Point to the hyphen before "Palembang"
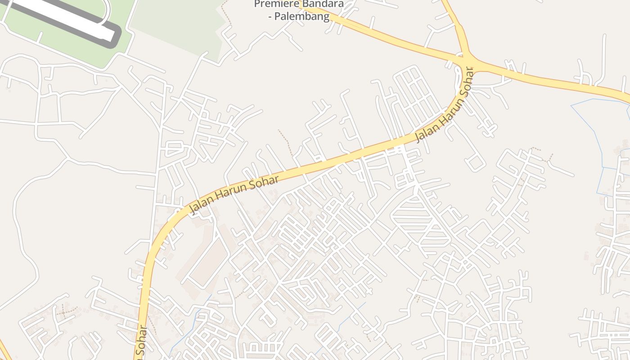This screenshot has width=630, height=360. [271, 17]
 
